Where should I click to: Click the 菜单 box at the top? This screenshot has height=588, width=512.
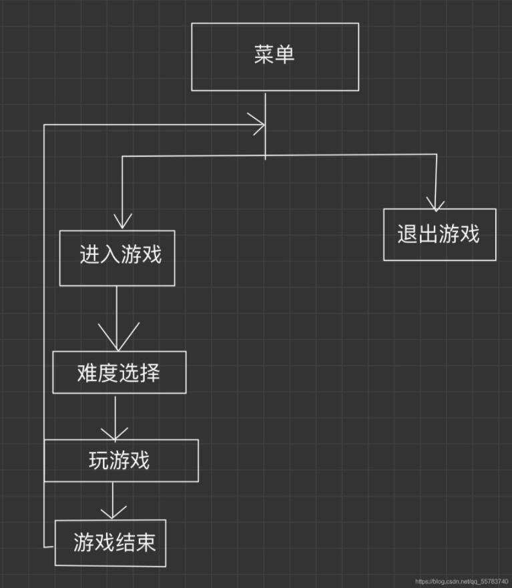coord(274,57)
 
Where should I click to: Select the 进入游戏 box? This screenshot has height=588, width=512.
coord(117,258)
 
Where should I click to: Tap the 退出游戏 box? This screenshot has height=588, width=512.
coord(439,234)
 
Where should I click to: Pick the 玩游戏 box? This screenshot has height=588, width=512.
coord(121,461)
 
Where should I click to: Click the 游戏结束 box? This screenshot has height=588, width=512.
coord(109,543)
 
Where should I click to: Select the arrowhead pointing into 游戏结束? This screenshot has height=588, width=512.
coord(113,512)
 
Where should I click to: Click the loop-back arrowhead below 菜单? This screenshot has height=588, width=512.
coord(258,124)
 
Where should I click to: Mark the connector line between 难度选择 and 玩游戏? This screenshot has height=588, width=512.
coord(115,416)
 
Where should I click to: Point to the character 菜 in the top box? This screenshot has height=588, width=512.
coord(264,55)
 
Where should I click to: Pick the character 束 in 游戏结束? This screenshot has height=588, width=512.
coord(146,543)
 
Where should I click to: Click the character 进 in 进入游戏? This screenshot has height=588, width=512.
coord(89,256)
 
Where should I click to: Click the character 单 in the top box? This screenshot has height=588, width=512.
coord(285,55)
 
